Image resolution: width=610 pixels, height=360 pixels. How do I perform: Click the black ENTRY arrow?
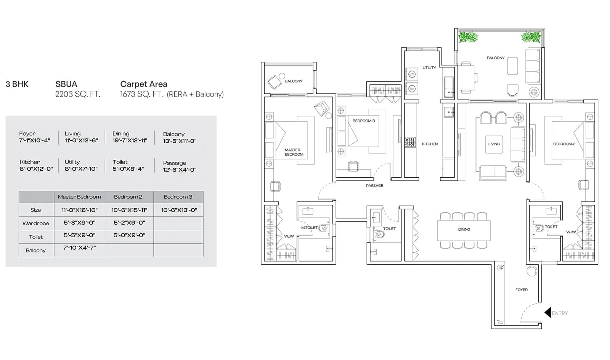(548, 313)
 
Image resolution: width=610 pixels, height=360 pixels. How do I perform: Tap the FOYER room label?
(521, 290)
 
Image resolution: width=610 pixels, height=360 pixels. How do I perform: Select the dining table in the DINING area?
(464, 230)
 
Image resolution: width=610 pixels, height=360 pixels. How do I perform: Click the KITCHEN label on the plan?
(429, 144)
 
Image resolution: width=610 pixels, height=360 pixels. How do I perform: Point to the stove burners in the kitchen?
(410, 143)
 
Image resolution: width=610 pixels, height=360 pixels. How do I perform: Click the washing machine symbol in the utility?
(412, 74)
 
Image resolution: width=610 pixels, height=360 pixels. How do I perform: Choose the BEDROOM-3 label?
(363, 121)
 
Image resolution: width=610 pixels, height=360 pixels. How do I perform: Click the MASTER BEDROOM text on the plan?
(294, 152)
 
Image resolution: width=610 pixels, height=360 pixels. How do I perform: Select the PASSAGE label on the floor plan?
(374, 186)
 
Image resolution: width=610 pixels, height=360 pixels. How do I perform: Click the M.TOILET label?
(309, 228)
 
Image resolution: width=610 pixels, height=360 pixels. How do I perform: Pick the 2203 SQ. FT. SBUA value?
(78, 94)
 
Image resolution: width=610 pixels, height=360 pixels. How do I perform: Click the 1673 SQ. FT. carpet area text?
(141, 94)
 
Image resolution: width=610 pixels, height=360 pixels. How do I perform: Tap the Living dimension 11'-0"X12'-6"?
(81, 140)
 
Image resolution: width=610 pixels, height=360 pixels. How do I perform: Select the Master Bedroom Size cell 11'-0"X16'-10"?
(79, 210)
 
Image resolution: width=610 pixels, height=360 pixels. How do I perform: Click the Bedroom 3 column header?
(178, 197)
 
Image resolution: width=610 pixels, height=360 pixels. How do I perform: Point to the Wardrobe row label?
(35, 223)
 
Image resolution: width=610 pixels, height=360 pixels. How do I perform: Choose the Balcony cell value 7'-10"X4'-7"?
(79, 248)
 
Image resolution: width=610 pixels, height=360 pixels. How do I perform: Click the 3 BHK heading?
(17, 84)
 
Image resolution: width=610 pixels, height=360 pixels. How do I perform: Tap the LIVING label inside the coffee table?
(494, 144)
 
